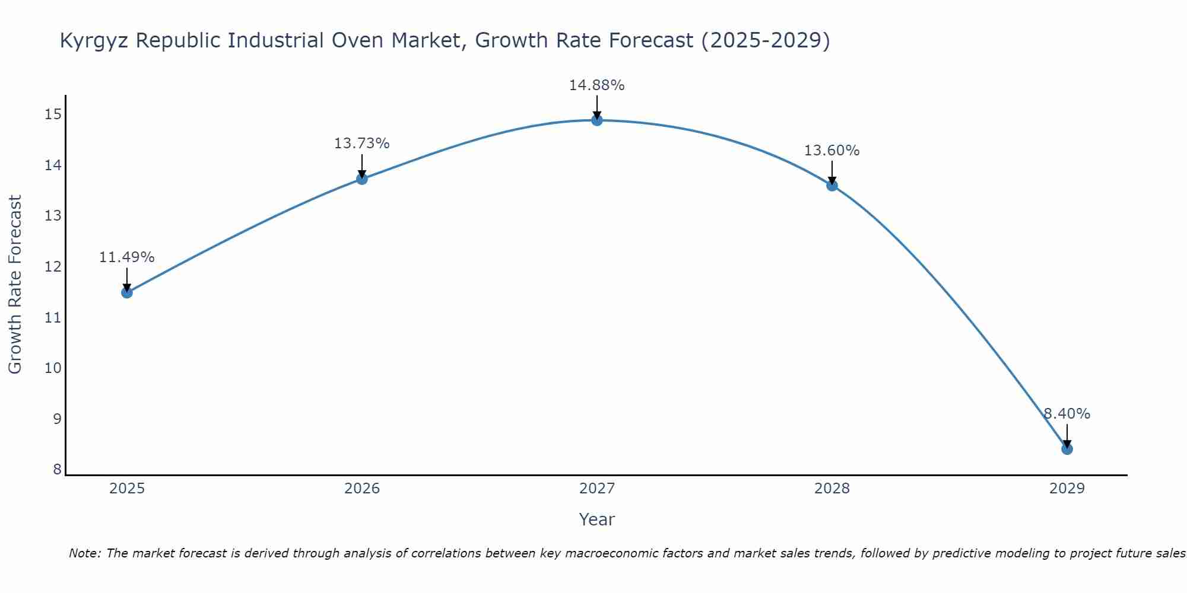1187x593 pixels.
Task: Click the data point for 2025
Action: click(x=126, y=292)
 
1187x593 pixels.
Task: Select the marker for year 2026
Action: click(x=361, y=178)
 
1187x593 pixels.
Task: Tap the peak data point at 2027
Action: click(x=596, y=120)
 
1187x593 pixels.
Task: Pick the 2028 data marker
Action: click(x=831, y=186)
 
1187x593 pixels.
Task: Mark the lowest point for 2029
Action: click(x=1067, y=449)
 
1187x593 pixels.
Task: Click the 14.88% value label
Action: click(x=596, y=85)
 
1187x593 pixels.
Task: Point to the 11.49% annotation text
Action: click(x=126, y=257)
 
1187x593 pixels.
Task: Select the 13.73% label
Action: click(x=361, y=144)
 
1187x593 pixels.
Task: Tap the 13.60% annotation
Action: click(x=831, y=151)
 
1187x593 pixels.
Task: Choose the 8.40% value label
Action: click(x=1067, y=414)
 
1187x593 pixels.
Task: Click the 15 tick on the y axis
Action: click(x=53, y=114)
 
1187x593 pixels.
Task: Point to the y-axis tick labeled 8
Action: click(x=57, y=470)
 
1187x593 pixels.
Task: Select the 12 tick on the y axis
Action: click(x=53, y=266)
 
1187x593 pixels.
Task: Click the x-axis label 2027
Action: click(x=596, y=489)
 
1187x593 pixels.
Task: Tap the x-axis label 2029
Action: click(x=1067, y=489)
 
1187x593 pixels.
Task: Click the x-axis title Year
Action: click(x=596, y=519)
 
